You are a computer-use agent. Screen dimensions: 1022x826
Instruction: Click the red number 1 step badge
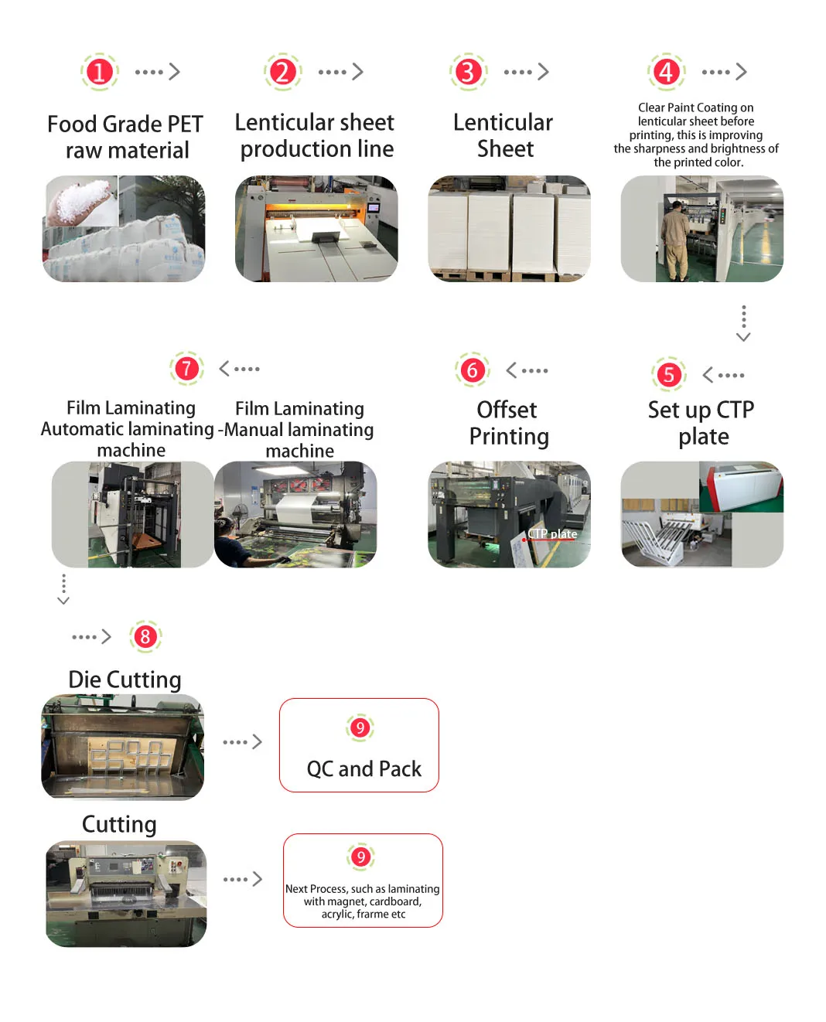pos(99,72)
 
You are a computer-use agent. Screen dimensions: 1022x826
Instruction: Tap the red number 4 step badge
pos(666,72)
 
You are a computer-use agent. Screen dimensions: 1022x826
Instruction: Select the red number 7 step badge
pos(186,369)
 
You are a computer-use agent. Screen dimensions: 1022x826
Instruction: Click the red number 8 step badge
pos(145,637)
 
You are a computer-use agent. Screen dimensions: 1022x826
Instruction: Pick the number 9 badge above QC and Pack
pos(360,727)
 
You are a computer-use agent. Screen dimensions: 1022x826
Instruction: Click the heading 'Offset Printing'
pos(508,423)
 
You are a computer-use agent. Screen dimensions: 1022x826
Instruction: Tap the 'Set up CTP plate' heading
pos(701,423)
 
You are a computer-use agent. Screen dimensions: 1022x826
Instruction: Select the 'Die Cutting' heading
pos(125,680)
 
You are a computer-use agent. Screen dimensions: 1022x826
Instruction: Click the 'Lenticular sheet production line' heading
pos(316,135)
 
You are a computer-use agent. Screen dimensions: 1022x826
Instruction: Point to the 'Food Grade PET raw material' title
pos(125,137)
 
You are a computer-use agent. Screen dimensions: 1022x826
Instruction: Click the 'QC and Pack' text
pos(364,769)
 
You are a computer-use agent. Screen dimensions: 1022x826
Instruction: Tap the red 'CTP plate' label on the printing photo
pos(553,534)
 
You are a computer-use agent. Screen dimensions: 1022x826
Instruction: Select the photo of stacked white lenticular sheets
pos(509,229)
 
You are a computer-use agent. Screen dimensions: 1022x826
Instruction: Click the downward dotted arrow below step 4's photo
pos(743,323)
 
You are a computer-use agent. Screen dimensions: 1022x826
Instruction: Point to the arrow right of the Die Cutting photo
pos(242,742)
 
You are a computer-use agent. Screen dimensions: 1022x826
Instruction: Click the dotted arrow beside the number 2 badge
pos(340,72)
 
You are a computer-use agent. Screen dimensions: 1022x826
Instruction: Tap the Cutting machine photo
pos(126,894)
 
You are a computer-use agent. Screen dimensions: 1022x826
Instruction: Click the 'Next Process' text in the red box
pos(363,901)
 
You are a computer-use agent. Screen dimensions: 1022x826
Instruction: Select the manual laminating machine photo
pos(296,515)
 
